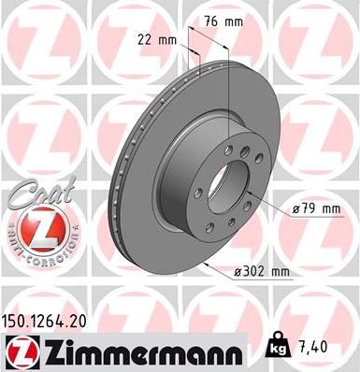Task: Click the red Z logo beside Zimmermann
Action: click(18, 351)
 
